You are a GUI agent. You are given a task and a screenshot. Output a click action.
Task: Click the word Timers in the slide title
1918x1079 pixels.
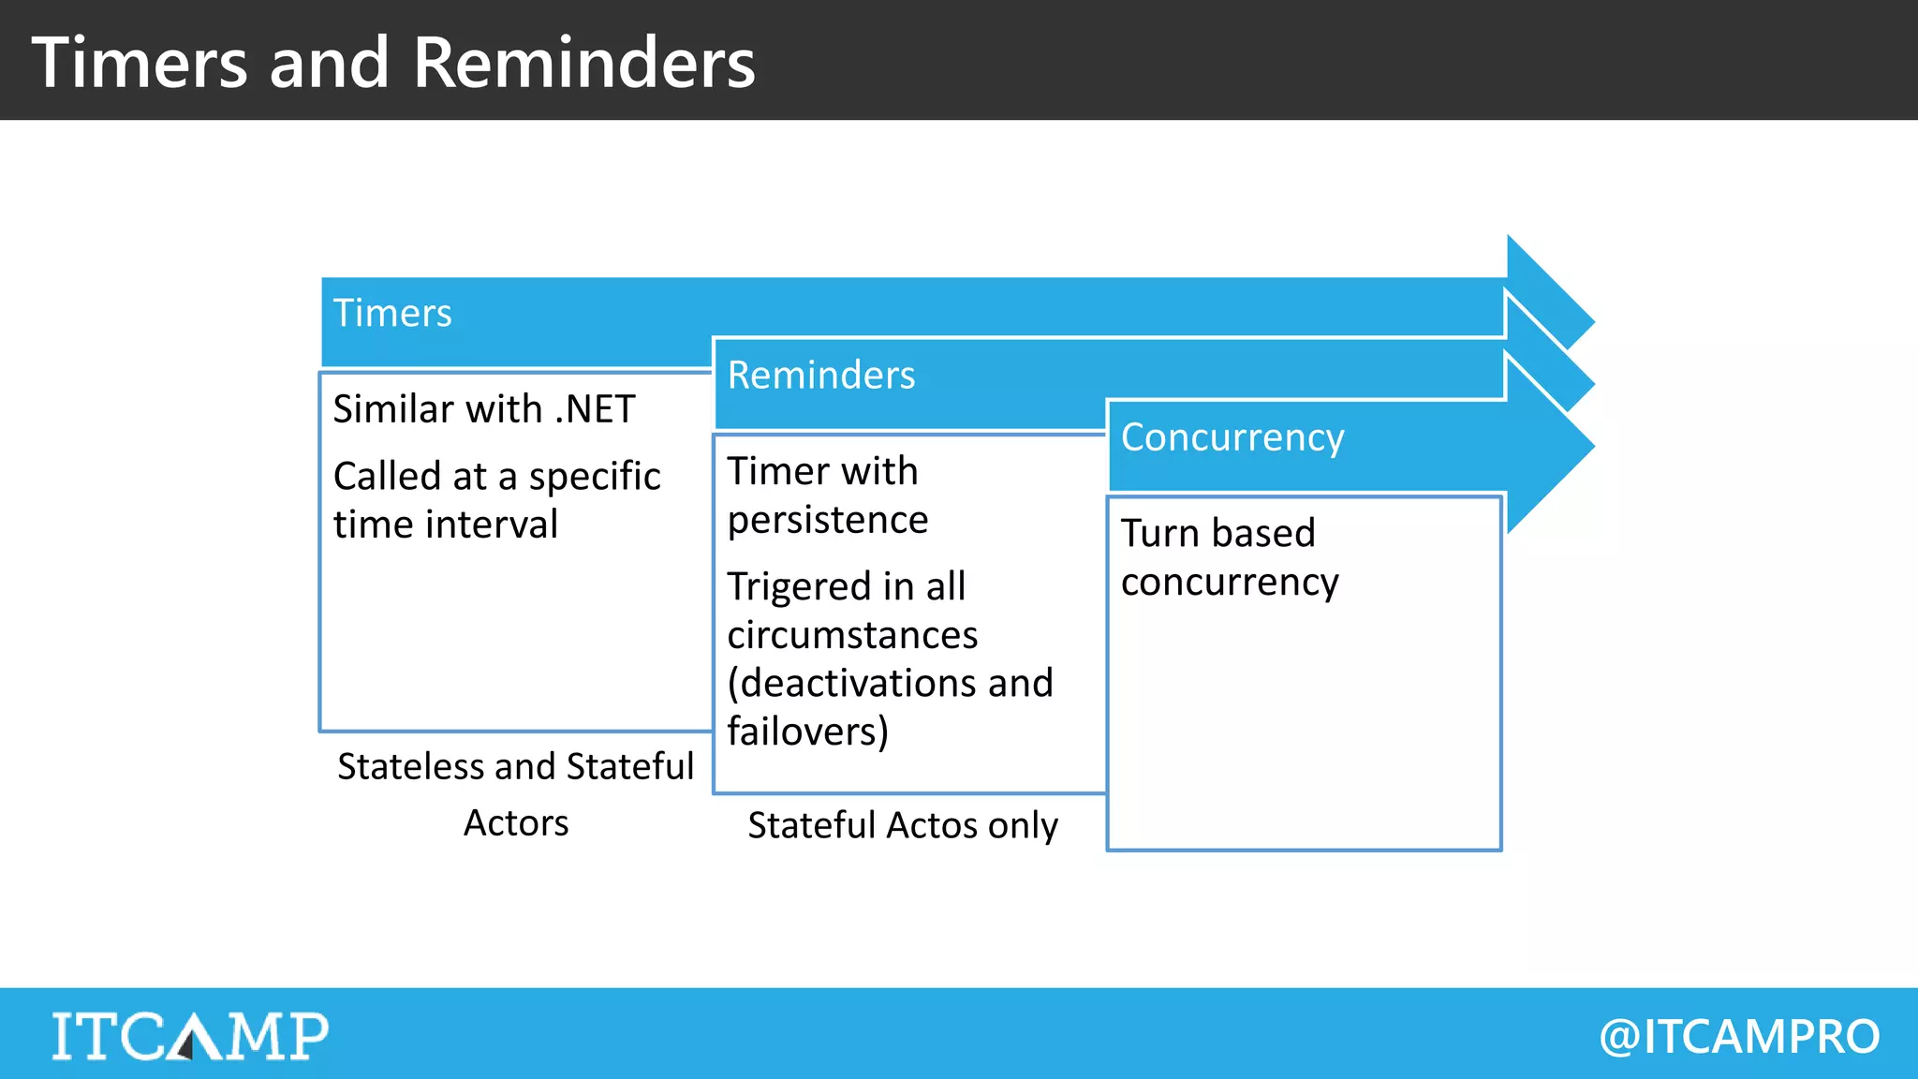click(140, 63)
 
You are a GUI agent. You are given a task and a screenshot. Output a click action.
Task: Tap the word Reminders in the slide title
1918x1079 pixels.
click(583, 63)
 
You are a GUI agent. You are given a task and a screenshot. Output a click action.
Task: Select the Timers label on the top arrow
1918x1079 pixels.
click(392, 313)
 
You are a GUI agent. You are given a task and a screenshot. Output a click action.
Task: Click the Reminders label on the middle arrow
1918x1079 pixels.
click(821, 375)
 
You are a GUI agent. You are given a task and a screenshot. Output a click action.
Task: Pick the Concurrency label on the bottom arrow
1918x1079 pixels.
click(1232, 437)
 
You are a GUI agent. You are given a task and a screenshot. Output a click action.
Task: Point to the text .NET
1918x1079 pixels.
click(595, 409)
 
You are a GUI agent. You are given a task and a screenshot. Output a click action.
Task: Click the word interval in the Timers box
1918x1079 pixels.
click(492, 525)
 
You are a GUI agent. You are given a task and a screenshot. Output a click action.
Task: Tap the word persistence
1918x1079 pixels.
click(828, 520)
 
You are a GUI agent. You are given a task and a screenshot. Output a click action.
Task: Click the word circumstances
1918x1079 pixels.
click(852, 635)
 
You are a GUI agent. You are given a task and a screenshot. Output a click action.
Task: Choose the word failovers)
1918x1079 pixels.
click(807, 732)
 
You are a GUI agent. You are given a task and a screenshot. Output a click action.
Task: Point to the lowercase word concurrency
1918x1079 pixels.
click(1230, 583)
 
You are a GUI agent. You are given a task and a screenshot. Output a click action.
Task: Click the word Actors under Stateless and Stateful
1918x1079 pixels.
click(516, 823)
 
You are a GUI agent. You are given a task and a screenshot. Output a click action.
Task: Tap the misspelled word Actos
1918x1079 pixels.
click(933, 825)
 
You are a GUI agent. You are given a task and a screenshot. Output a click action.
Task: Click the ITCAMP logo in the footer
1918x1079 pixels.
click(190, 1035)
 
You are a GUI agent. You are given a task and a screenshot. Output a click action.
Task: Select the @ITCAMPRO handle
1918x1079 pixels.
click(1739, 1036)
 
